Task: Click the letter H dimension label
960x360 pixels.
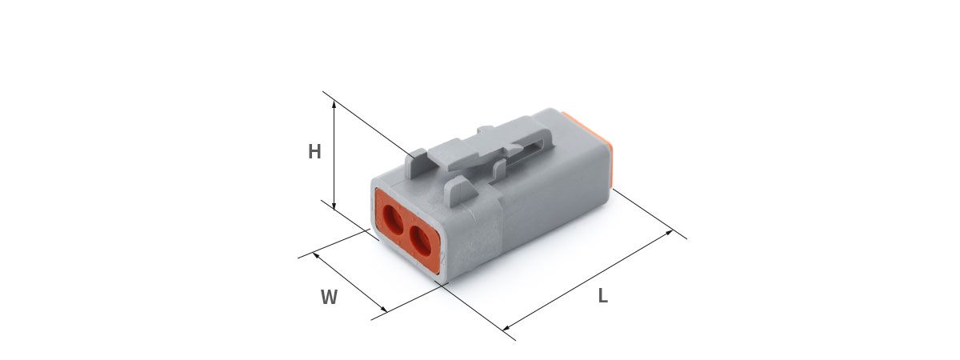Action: point(314,152)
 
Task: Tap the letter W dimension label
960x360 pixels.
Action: point(329,297)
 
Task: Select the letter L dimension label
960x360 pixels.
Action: point(603,296)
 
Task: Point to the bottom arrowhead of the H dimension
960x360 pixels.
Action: point(334,206)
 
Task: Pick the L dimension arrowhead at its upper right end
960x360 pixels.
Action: point(669,233)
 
